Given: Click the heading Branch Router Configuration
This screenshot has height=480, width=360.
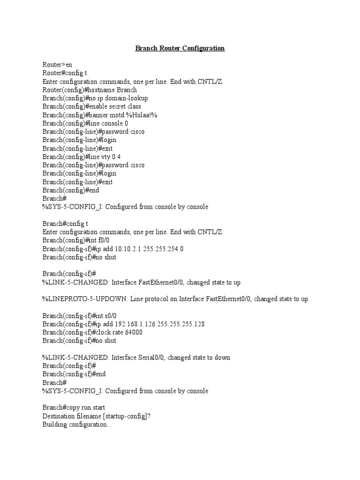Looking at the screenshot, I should click(x=180, y=48).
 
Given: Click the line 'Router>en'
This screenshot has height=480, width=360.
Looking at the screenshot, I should click(x=57, y=65).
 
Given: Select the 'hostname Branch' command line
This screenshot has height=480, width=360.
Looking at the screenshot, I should click(x=90, y=90).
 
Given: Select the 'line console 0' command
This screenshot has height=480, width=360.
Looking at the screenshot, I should click(x=85, y=124).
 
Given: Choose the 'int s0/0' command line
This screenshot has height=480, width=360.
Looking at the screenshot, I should click(x=79, y=316).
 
